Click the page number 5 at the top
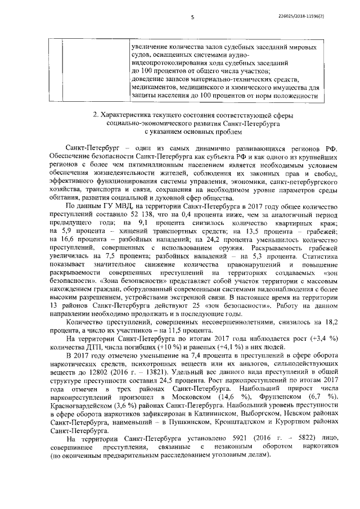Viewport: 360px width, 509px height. pyautogui.click(x=193, y=17)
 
